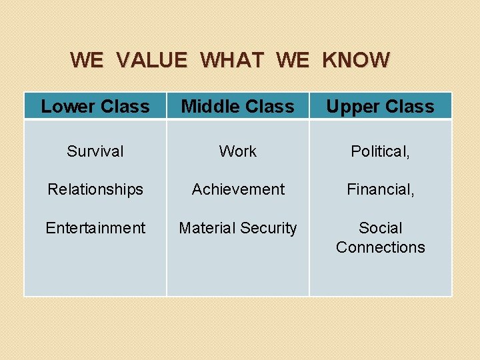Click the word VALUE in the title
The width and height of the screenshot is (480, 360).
(151, 60)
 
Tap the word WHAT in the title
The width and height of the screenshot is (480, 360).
(231, 60)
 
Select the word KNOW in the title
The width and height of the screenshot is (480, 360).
(355, 60)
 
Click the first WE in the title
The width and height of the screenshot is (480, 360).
(87, 60)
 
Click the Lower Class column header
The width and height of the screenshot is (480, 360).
(95, 107)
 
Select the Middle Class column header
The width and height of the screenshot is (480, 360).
(238, 107)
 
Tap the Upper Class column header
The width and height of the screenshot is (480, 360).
(380, 107)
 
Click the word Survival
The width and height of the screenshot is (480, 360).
(95, 151)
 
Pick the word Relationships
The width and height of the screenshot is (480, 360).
(95, 189)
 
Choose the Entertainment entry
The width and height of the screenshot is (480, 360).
(95, 228)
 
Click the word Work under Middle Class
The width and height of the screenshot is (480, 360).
(238, 151)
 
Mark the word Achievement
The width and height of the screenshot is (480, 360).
(238, 189)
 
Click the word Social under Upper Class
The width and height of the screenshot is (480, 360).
(380, 228)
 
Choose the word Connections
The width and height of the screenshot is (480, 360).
(380, 247)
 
